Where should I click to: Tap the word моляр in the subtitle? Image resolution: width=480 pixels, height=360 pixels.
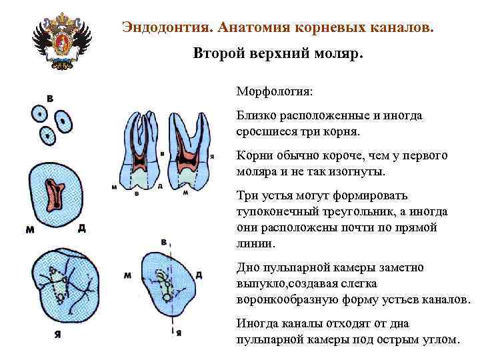point(341,53)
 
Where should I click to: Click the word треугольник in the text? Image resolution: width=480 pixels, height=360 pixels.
point(359,211)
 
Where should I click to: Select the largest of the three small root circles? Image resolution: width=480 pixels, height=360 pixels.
point(63,121)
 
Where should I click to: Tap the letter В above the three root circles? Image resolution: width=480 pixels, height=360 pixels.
point(51,99)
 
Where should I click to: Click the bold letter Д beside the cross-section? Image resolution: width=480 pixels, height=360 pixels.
point(81,229)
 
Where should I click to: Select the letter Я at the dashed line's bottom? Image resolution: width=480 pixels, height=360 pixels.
point(179,333)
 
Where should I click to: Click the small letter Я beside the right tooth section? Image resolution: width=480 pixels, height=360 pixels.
point(211,156)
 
